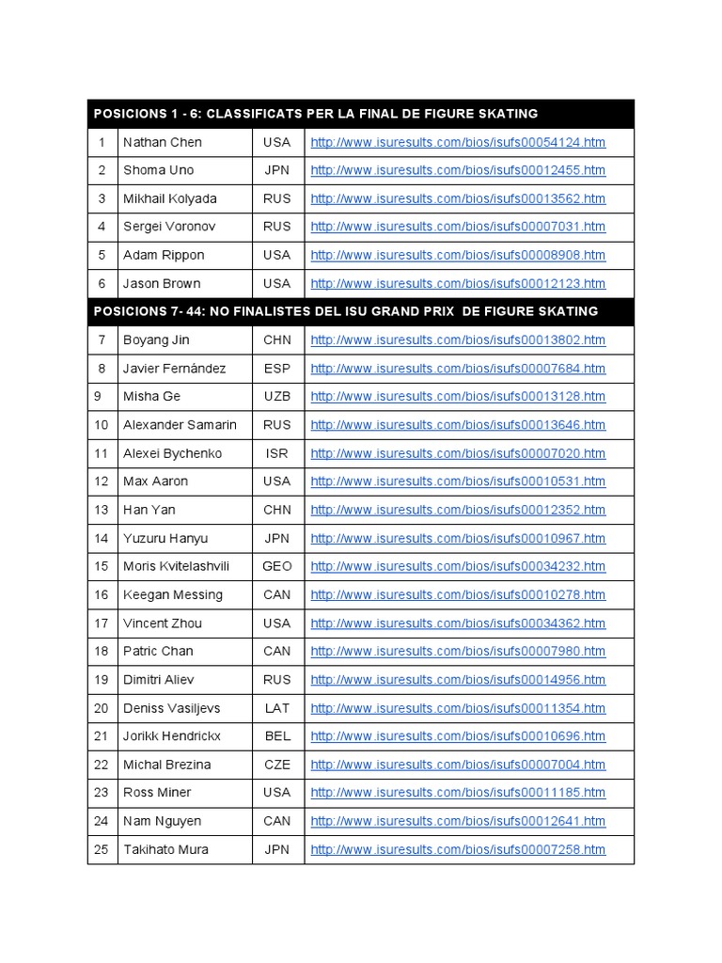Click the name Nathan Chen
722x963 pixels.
click(163, 142)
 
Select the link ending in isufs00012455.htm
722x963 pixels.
click(458, 170)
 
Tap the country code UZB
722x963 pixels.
click(277, 397)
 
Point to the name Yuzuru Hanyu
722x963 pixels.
click(165, 538)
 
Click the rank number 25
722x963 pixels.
click(102, 849)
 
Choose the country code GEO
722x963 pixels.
click(277, 566)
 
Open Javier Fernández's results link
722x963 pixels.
click(458, 369)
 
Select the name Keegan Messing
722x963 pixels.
click(173, 594)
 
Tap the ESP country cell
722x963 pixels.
click(277, 369)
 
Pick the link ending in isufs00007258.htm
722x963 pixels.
click(458, 849)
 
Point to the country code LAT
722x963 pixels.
click(277, 707)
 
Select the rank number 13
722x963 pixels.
click(102, 510)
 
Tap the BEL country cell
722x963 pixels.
click(277, 735)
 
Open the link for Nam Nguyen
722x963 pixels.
click(458, 821)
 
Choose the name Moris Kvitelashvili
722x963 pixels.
click(176, 566)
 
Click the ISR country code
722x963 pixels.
click(277, 453)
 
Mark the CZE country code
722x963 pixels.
click(277, 765)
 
